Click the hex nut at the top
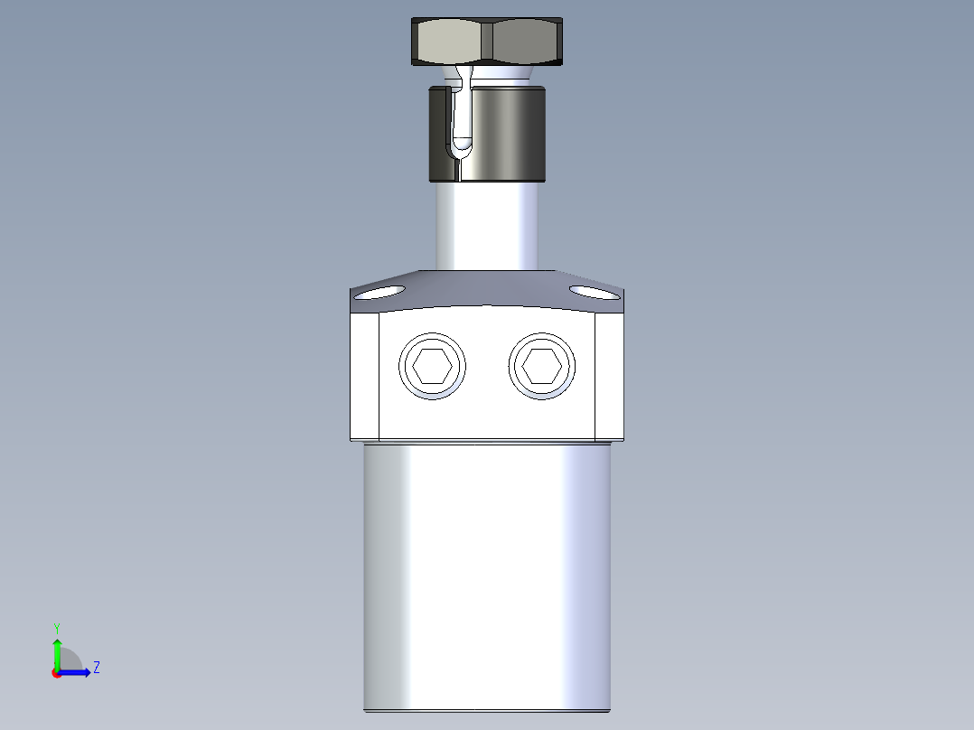[x=488, y=42]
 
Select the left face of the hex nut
[x=448, y=41]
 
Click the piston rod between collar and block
[x=488, y=226]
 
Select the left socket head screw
[x=433, y=366]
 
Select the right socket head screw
[x=542, y=366]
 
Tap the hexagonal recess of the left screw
[x=433, y=366]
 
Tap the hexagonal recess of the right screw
[x=542, y=366]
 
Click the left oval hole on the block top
[x=381, y=292]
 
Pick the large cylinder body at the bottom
[x=488, y=578]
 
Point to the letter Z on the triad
[x=96, y=668]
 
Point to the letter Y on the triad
[x=57, y=627]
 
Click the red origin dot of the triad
[x=56, y=673]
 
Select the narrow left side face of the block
[x=364, y=375]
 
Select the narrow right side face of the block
[x=610, y=375]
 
